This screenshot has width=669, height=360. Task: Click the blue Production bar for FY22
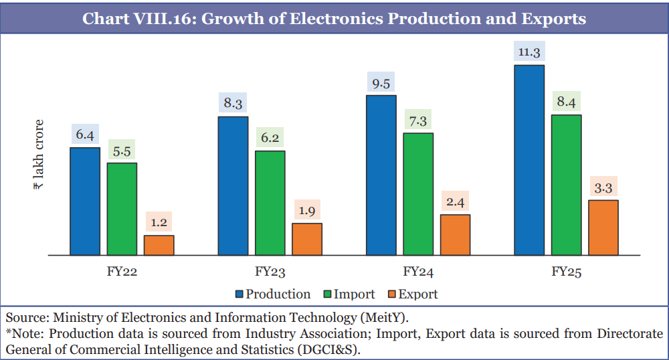click(85, 201)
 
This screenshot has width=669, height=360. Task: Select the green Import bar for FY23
click(270, 203)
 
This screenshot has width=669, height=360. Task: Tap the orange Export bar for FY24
click(455, 234)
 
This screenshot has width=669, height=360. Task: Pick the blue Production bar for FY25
click(529, 160)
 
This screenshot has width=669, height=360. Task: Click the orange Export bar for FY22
click(159, 245)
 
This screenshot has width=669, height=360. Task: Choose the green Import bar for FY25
click(566, 185)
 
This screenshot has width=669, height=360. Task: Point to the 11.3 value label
click(529, 52)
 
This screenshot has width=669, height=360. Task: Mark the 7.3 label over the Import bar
click(418, 120)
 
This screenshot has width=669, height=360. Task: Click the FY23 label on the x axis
click(270, 272)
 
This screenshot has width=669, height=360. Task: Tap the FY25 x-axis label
click(567, 272)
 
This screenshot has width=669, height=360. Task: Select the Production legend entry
click(278, 294)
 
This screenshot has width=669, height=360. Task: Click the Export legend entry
click(418, 294)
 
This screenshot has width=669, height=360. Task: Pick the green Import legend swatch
click(327, 294)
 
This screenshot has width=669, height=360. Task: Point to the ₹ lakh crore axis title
click(38, 155)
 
